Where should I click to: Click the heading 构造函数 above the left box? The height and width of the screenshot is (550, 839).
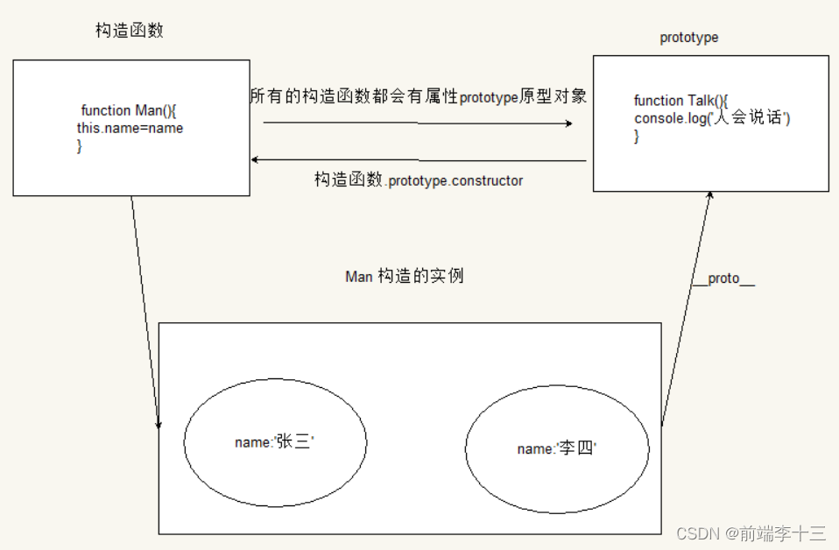click(130, 31)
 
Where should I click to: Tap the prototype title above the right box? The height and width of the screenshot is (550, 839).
click(688, 38)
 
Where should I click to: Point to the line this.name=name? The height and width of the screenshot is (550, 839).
click(130, 128)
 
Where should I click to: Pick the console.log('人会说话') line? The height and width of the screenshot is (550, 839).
click(712, 118)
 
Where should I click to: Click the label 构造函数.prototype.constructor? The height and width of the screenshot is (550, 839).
click(419, 180)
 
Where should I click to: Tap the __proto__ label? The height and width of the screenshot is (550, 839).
click(723, 279)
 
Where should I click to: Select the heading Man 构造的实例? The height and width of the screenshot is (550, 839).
click(405, 277)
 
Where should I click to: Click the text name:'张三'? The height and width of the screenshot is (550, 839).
click(274, 442)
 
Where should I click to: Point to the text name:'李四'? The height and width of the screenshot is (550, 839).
click(556, 448)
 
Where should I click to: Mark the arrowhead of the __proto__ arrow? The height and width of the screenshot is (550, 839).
click(710, 195)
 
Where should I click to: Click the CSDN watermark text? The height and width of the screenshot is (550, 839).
click(698, 532)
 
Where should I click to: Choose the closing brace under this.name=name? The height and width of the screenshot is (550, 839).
click(80, 145)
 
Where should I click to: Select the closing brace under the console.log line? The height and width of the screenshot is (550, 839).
click(637, 136)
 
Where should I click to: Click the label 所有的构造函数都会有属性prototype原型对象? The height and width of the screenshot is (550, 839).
click(418, 97)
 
